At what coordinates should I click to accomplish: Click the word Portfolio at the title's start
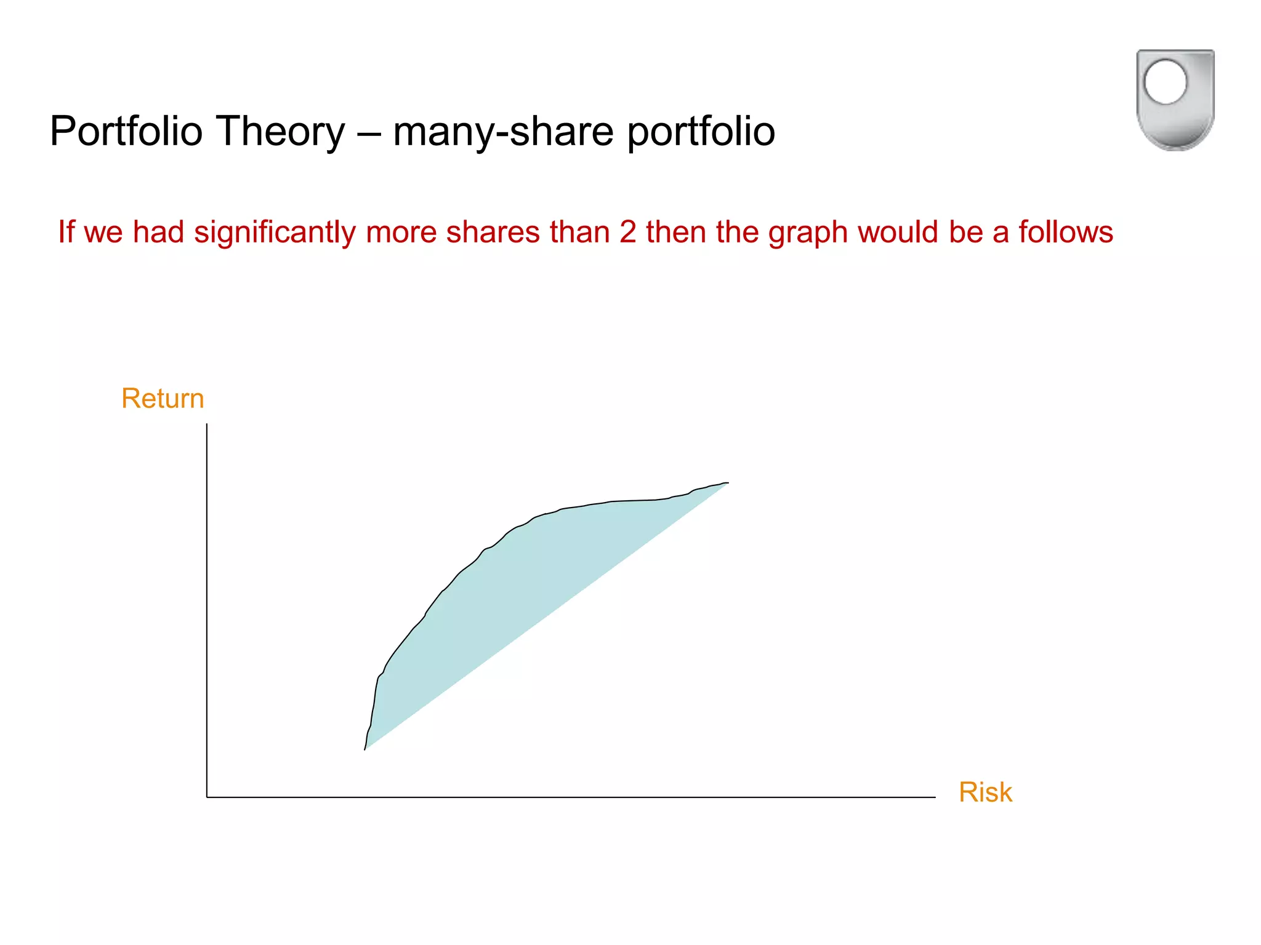coord(126,131)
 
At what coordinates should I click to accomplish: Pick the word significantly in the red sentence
coord(275,233)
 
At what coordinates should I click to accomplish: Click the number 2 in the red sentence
coord(627,233)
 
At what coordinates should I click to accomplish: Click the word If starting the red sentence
coord(66,233)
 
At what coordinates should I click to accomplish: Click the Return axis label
coord(163,398)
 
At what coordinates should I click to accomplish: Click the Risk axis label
coord(985,792)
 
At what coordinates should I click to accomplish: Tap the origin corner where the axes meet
coord(207,797)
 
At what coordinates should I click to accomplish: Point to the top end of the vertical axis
coord(207,425)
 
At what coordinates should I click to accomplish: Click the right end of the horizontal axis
coord(934,797)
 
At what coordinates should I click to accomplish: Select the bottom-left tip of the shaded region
coord(366,748)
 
